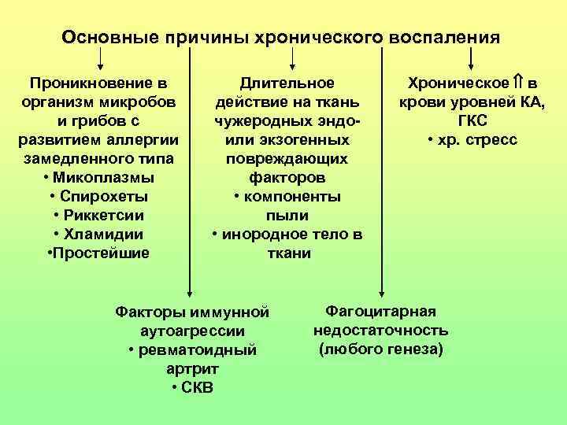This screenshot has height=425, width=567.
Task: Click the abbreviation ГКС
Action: [472, 121]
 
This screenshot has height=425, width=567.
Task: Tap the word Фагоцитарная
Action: [380, 311]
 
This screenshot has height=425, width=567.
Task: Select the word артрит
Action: [193, 369]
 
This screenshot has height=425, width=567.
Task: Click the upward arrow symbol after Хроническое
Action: [518, 83]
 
